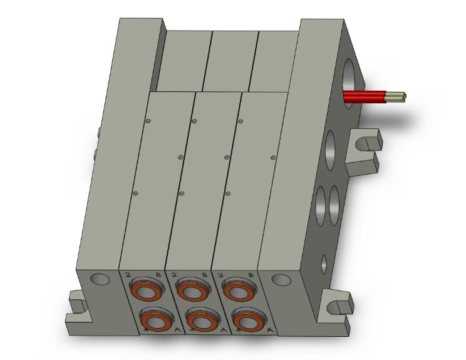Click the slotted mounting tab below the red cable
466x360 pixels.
coord(366,143)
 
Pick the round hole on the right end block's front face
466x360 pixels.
coord(279,279)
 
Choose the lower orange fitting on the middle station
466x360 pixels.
coord(199,321)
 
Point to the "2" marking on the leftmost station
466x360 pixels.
coord(128,274)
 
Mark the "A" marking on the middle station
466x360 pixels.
coord(224,329)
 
